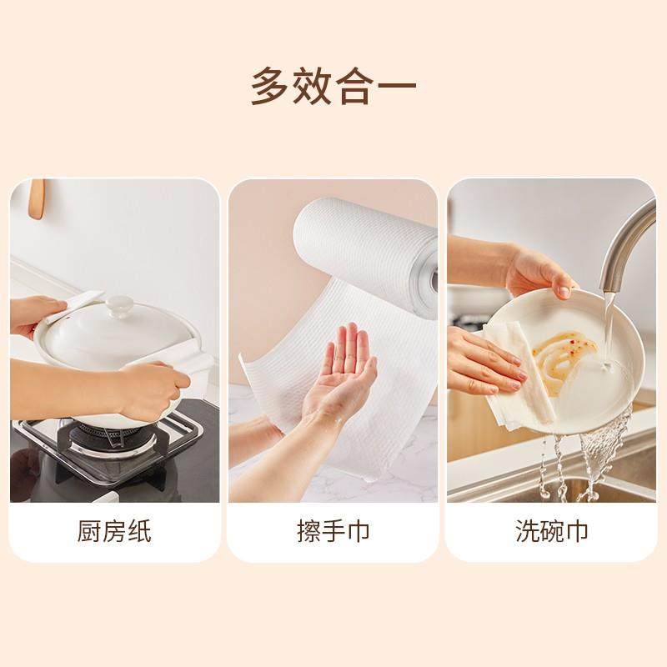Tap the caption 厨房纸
(114, 531)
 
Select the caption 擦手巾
(333, 531)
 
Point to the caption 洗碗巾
(552, 531)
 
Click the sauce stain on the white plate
(559, 354)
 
